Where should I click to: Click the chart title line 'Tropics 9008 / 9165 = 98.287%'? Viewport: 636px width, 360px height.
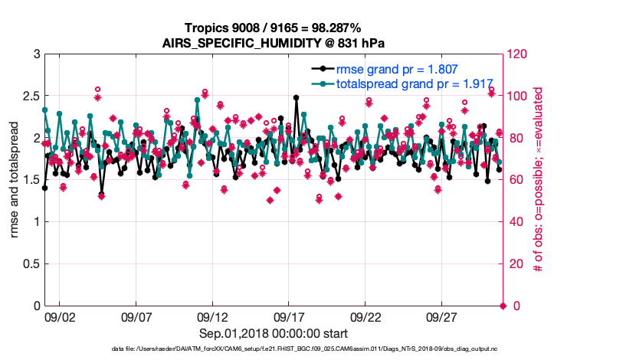tap(274, 28)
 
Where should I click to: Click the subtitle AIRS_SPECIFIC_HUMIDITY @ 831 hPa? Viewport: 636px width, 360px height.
tap(274, 42)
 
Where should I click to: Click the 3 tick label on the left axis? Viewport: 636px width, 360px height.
tap(35, 54)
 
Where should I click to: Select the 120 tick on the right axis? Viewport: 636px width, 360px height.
tap(520, 54)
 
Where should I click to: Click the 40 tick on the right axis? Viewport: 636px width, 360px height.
tap(517, 222)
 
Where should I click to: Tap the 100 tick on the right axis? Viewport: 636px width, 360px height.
tap(520, 97)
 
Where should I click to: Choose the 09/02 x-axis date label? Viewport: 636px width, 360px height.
tap(60, 316)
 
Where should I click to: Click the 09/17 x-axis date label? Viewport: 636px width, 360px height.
tap(289, 316)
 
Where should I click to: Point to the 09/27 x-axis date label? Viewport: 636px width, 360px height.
tap(442, 316)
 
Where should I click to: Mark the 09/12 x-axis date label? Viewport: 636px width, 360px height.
tap(212, 316)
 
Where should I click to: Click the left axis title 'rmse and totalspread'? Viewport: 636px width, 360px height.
tap(15, 180)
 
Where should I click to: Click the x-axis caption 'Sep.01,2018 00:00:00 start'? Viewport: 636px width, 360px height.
tap(274, 333)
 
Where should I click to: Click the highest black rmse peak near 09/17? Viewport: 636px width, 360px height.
tap(296, 97)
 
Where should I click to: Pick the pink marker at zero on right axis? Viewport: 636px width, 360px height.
tap(503, 306)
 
